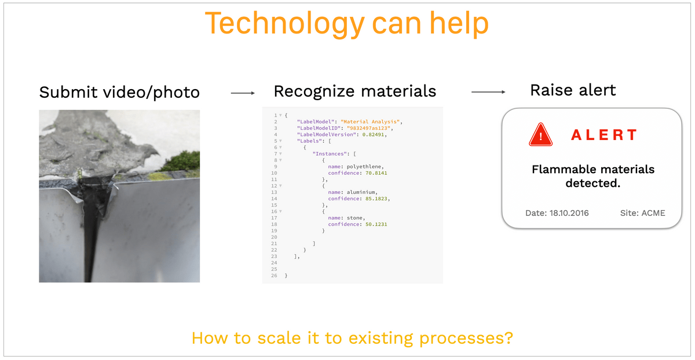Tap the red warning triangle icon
click(x=540, y=135)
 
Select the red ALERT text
click(x=603, y=135)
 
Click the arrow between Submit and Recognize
click(x=243, y=93)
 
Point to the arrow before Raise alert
click(x=488, y=92)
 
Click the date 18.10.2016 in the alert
click(x=569, y=213)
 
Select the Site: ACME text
click(x=642, y=213)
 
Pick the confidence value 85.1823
click(x=376, y=199)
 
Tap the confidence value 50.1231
click(x=376, y=224)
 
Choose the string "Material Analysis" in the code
click(x=370, y=122)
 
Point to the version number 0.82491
click(x=373, y=135)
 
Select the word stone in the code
click(x=354, y=218)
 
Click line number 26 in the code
click(x=274, y=275)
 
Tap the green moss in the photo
click(x=184, y=161)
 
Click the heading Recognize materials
click(x=355, y=91)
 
